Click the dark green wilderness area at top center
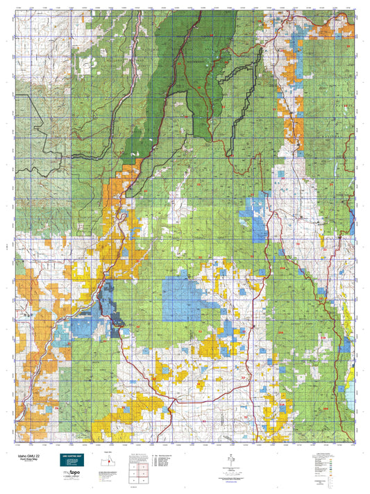pos(187,76)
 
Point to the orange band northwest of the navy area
pos(115,201)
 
